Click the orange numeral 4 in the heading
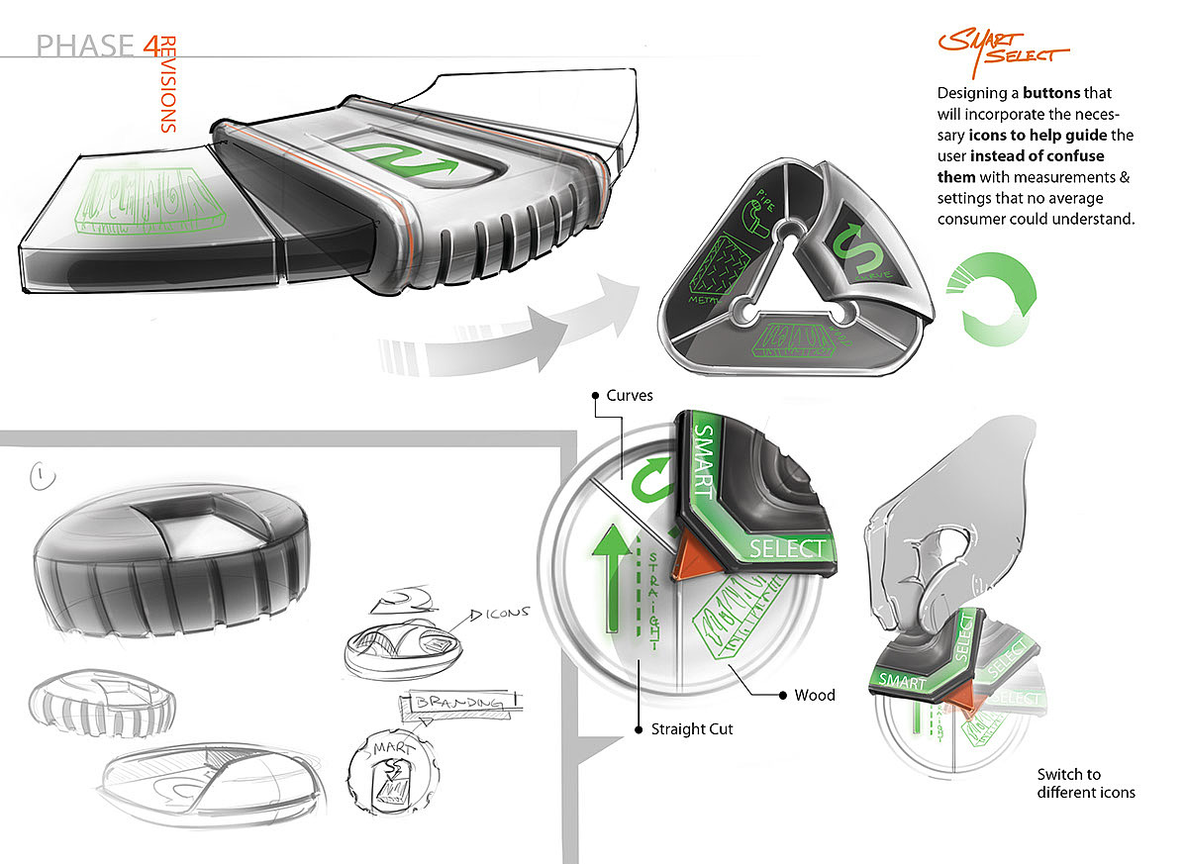click(x=149, y=45)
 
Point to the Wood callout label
click(x=815, y=695)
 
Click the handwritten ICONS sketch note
click(x=511, y=615)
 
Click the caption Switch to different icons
click(x=1086, y=783)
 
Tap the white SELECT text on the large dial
click(x=787, y=547)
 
